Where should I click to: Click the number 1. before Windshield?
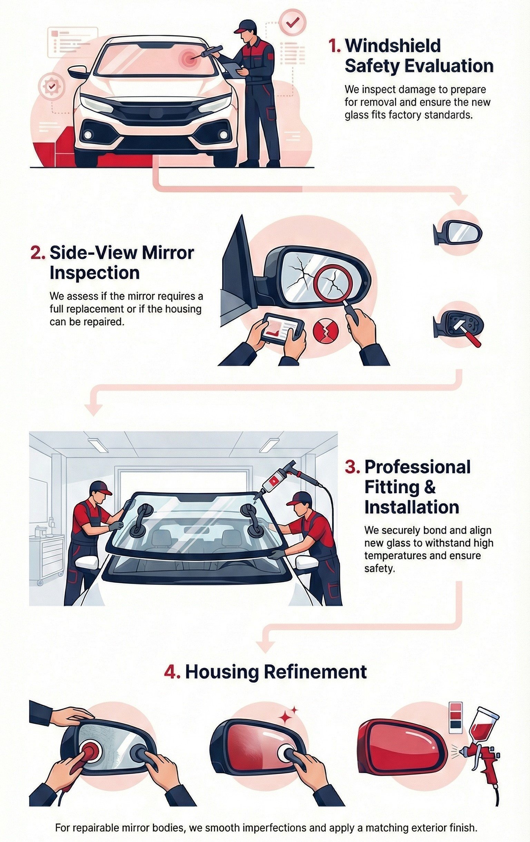334,46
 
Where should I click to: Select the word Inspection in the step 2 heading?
95,273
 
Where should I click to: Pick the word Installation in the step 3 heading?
412,507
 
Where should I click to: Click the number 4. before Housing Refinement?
172,671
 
